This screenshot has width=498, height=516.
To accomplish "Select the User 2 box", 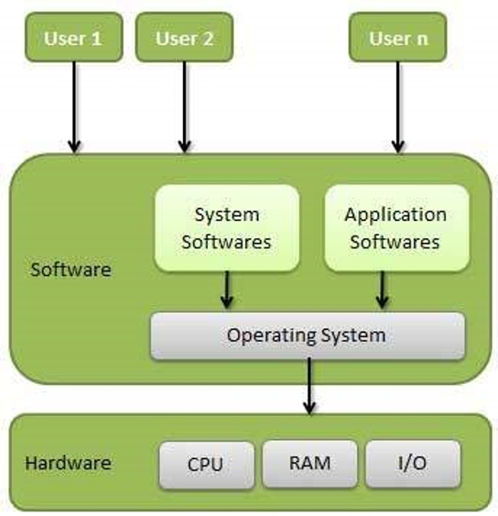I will (x=184, y=38).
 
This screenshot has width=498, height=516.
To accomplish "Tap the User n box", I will (x=397, y=38).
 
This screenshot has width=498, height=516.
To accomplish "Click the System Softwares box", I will (x=226, y=228).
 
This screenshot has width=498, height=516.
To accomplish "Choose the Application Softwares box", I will (x=395, y=228).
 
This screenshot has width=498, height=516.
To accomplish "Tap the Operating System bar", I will (x=307, y=335).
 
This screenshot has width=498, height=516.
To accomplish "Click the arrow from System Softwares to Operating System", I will (x=226, y=291).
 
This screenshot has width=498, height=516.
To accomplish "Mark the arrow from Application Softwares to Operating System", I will (x=383, y=291).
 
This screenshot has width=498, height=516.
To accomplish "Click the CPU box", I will (x=205, y=463).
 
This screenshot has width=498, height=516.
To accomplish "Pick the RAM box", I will (x=309, y=463).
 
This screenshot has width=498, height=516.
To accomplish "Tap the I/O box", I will (x=412, y=463).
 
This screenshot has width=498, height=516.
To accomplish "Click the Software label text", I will (x=70, y=270).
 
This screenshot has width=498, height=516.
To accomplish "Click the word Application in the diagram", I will (x=395, y=215).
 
